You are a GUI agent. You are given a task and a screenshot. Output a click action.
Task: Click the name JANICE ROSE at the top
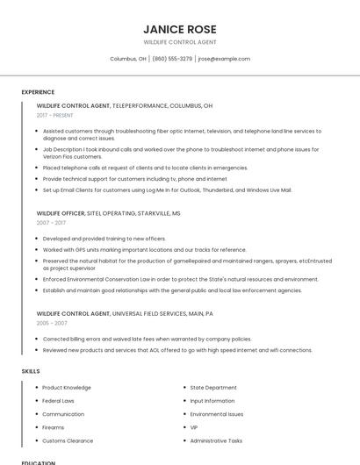point(179,29)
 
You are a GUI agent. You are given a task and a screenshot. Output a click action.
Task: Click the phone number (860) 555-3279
point(172,59)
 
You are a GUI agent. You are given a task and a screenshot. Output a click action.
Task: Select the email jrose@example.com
point(224,59)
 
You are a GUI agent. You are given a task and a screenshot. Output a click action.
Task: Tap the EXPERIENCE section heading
point(38,92)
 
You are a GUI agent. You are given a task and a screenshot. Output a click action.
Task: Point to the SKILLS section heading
point(31,371)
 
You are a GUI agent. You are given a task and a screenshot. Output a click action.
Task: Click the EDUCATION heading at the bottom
point(39,462)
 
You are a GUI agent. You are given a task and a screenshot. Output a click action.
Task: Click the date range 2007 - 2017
point(50,223)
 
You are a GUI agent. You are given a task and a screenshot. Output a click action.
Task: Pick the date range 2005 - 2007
point(52,323)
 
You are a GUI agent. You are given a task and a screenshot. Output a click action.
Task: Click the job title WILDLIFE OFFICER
point(61,213)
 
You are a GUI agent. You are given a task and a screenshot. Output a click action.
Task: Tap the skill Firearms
point(54,427)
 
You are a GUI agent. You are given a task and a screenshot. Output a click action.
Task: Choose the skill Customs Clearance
point(68,440)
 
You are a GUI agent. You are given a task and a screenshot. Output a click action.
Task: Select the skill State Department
point(213,387)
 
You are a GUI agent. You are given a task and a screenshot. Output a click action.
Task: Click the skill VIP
point(194,427)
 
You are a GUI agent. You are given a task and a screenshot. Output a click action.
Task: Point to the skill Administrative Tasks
point(216,440)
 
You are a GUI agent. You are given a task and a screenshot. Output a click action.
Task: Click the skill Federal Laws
point(58,400)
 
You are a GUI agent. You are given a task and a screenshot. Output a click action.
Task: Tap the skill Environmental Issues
point(217,414)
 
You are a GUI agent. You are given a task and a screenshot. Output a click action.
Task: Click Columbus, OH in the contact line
point(128,59)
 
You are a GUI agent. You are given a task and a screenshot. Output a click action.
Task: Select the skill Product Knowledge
point(67,387)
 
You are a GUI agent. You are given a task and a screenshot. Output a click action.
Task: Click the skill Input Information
point(212,400)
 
